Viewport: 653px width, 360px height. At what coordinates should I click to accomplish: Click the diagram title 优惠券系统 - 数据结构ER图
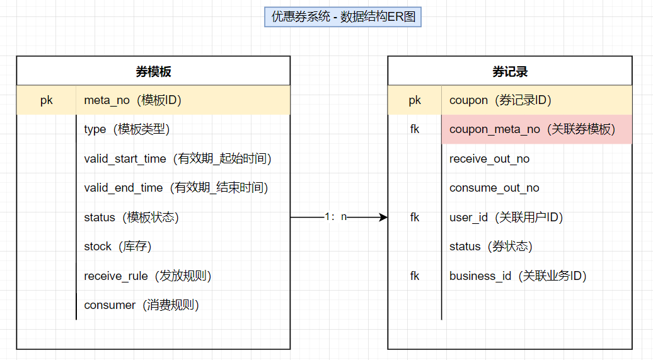click(x=343, y=17)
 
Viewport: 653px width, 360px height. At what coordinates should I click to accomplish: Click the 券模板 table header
click(x=153, y=71)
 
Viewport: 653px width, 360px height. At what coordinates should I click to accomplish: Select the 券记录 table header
click(x=510, y=71)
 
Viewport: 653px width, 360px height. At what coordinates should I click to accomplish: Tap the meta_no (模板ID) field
click(x=133, y=100)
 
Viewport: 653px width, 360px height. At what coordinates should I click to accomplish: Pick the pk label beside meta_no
click(x=47, y=100)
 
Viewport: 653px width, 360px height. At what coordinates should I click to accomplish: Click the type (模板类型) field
click(x=127, y=129)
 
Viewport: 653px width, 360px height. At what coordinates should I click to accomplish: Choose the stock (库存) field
click(x=118, y=247)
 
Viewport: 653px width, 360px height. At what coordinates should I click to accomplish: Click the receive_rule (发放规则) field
click(x=147, y=276)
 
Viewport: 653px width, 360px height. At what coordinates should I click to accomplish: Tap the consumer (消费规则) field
click(x=142, y=305)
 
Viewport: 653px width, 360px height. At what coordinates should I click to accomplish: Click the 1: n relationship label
click(x=335, y=217)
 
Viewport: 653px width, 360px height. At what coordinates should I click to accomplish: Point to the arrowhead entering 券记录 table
click(x=383, y=217)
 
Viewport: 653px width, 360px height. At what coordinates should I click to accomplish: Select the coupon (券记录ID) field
click(x=500, y=100)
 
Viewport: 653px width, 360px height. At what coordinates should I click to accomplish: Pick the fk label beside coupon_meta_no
click(x=415, y=129)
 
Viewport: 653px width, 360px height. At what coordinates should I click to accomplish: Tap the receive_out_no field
click(x=489, y=159)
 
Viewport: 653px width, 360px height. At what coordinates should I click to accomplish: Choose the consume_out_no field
click(x=494, y=188)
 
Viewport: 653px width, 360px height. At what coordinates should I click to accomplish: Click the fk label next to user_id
click(x=415, y=217)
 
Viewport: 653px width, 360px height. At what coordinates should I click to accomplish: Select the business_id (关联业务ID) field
click(x=518, y=276)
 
